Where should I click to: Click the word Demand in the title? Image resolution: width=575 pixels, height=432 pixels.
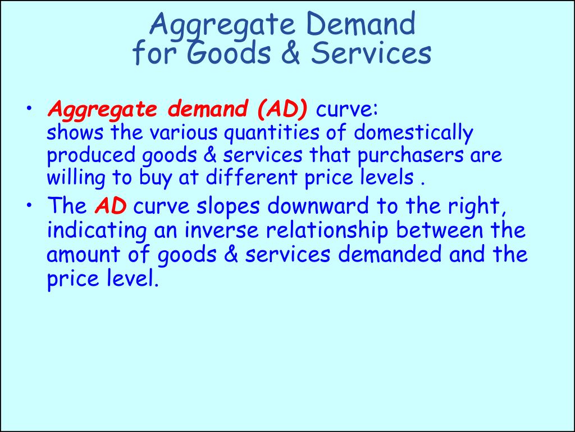click(363, 24)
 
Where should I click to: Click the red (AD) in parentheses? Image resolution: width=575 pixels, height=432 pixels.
click(282, 109)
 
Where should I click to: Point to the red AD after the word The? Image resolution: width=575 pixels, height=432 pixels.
click(111, 206)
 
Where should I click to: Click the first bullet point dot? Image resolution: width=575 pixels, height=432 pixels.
click(29, 109)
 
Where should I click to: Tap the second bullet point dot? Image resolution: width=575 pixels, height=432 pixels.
click(29, 205)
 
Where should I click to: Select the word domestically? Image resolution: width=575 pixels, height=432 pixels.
click(413, 133)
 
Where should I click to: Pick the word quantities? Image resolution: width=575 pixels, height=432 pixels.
click(271, 133)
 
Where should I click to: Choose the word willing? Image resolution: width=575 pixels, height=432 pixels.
click(76, 178)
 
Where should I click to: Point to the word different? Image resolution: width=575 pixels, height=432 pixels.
click(251, 177)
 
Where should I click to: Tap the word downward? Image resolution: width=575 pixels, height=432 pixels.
click(318, 206)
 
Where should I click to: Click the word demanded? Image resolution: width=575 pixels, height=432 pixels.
click(390, 255)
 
